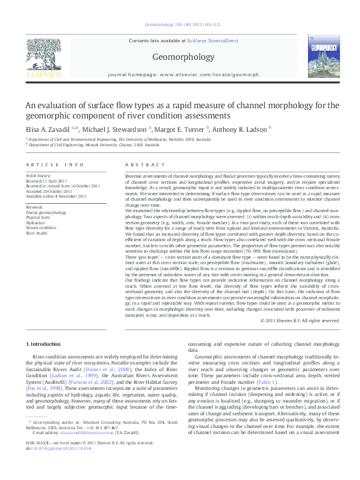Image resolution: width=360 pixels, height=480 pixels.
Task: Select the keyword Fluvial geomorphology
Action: (x=46, y=213)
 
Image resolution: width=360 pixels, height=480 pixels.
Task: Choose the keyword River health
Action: (x=37, y=232)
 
